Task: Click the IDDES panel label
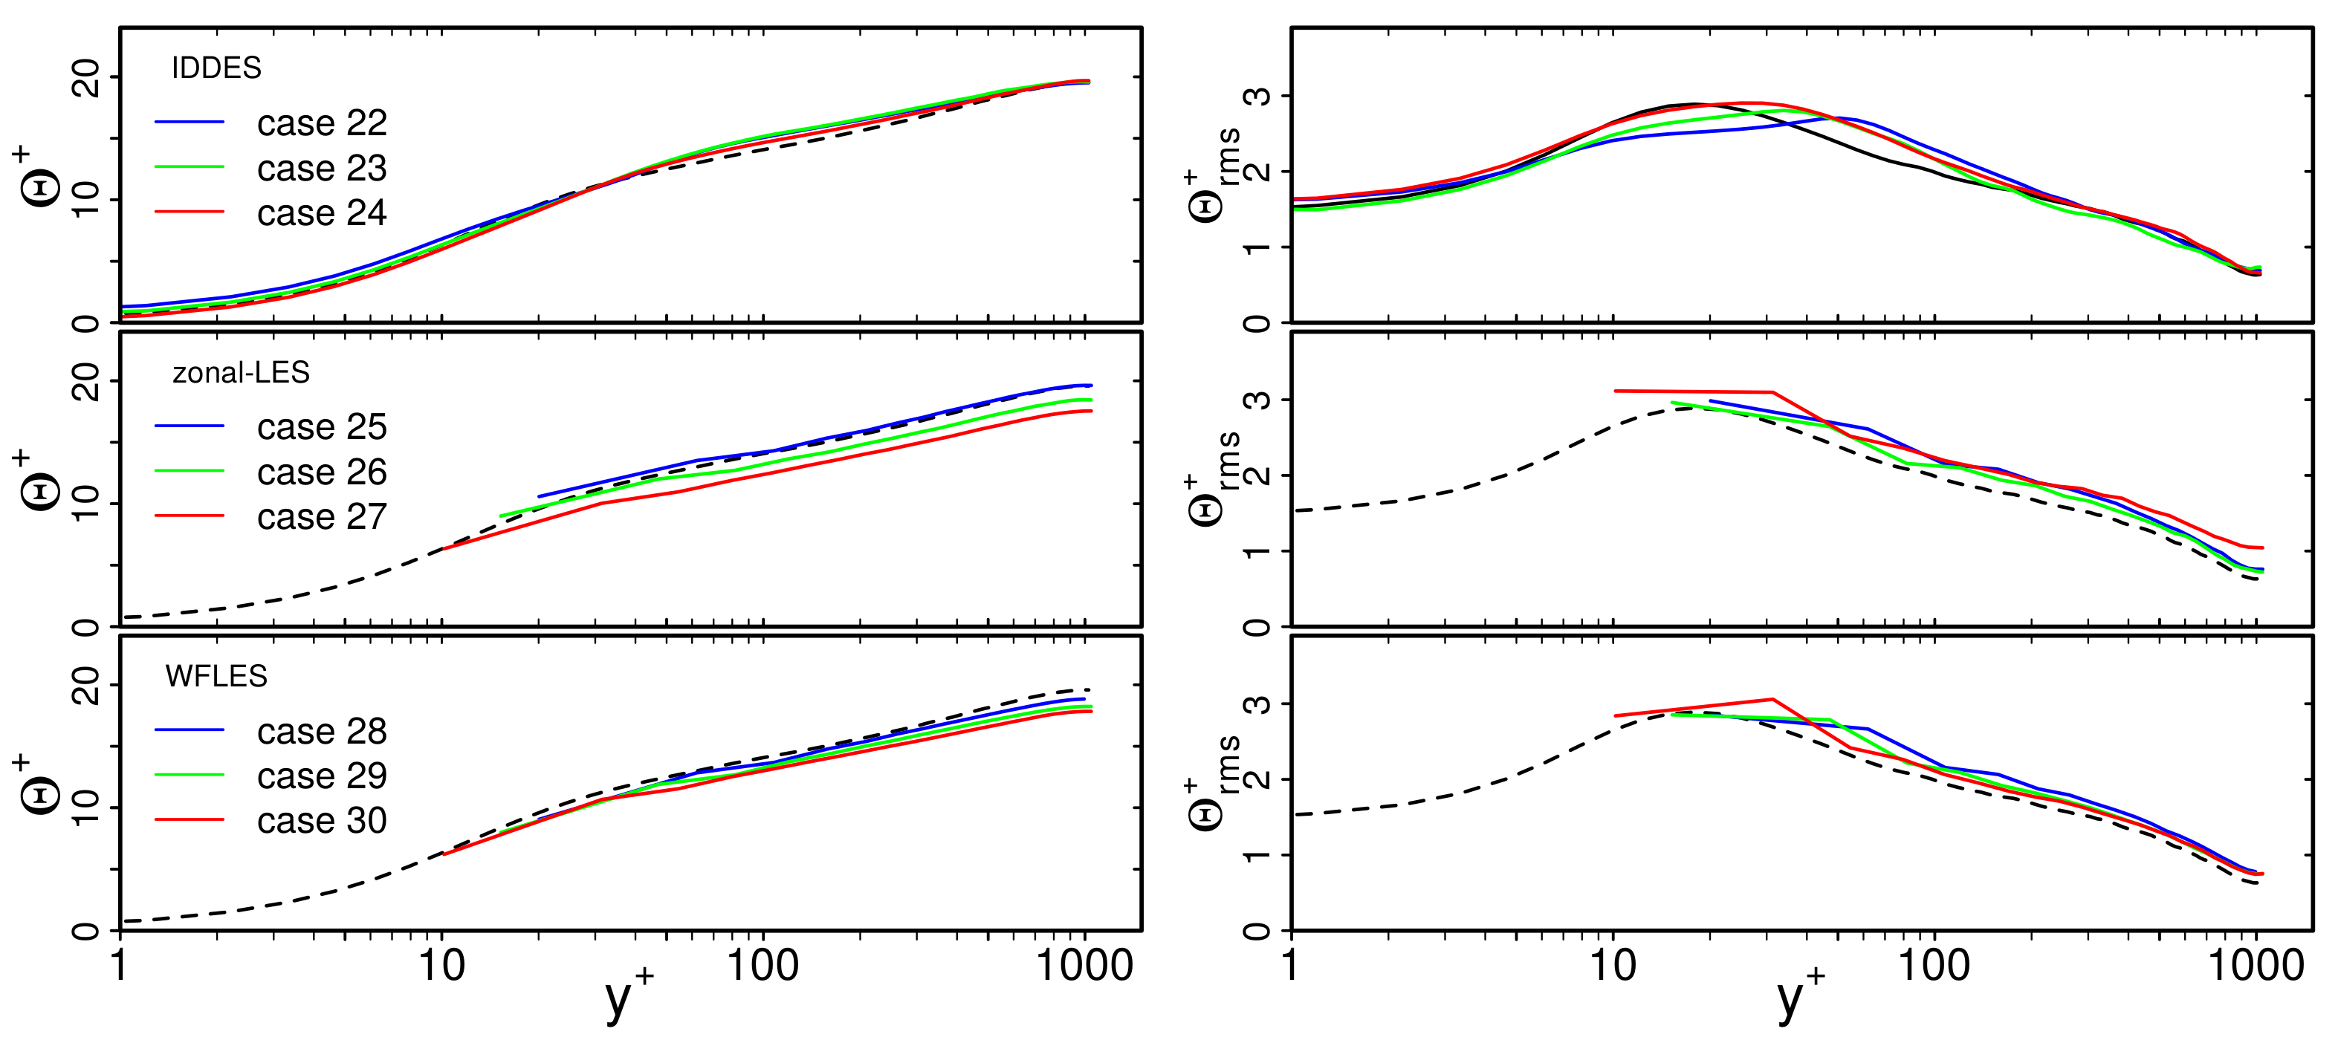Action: point(216,68)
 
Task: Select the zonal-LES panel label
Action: point(241,372)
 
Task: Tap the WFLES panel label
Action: point(216,677)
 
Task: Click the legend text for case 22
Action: point(322,123)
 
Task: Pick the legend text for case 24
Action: point(322,213)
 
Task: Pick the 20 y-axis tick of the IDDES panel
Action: point(86,78)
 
